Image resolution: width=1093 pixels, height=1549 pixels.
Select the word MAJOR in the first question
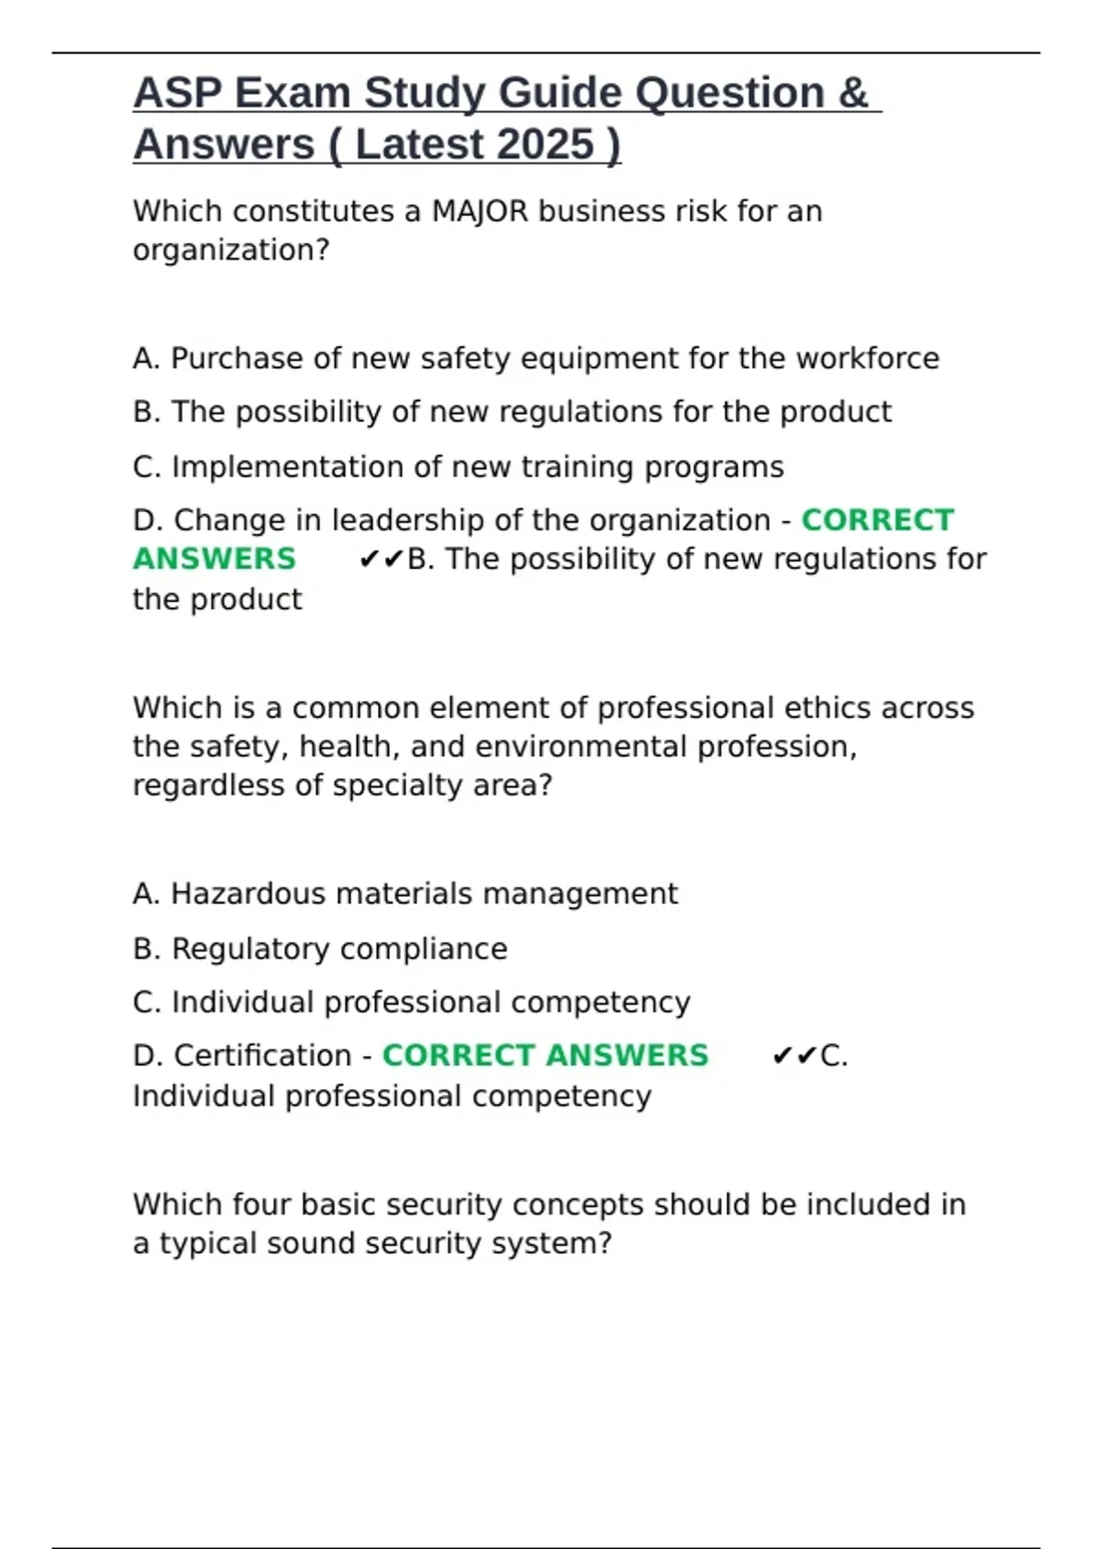480,211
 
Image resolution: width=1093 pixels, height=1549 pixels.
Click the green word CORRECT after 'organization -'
877,520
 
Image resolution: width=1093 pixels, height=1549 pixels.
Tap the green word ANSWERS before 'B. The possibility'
215,559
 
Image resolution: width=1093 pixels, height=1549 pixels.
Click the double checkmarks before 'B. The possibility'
381,559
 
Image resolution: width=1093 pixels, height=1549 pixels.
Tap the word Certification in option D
262,1055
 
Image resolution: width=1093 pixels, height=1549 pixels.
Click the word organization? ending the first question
231,251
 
